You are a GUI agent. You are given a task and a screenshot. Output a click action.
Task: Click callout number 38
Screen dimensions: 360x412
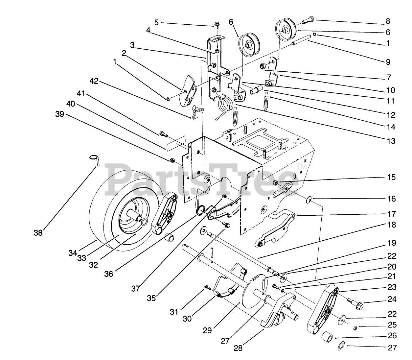(38, 233)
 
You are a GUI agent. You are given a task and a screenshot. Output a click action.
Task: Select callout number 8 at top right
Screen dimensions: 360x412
(388, 21)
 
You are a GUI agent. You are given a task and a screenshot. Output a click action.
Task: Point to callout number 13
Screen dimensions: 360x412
(391, 141)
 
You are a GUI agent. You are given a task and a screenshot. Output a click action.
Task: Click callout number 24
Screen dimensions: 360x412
(392, 300)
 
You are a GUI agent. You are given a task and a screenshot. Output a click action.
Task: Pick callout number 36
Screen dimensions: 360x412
(109, 274)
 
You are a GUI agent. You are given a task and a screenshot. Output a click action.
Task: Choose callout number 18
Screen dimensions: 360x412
(392, 225)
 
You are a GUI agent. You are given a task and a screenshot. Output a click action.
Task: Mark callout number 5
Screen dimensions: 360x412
(156, 22)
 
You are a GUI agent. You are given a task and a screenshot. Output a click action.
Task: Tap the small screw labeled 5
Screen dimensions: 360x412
(217, 25)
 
